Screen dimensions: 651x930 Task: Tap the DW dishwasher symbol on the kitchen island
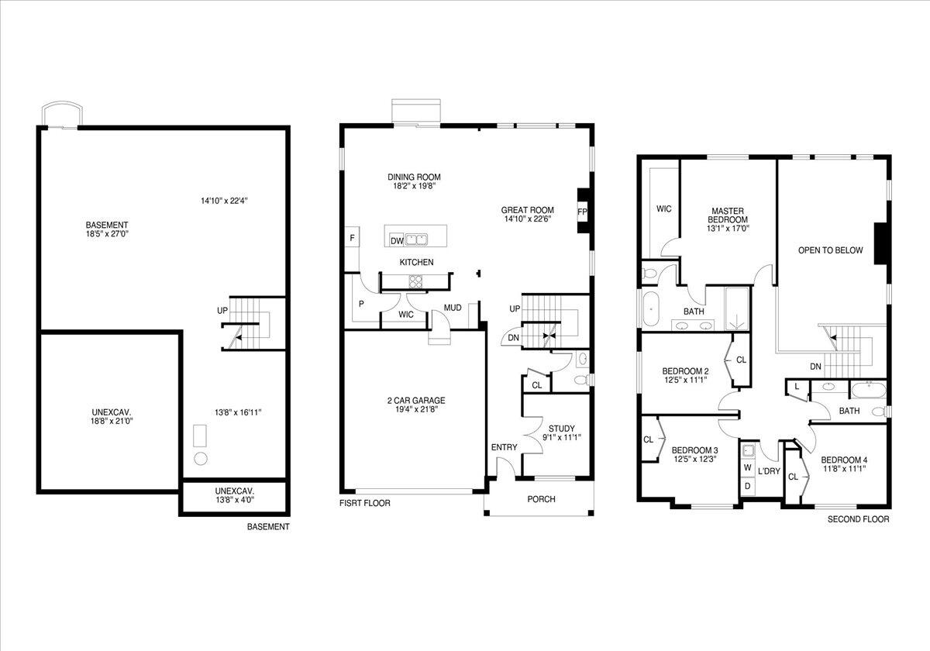pyautogui.click(x=396, y=240)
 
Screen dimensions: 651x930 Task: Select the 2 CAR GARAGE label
pyautogui.click(x=416, y=401)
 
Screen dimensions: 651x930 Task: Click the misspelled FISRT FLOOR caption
pyautogui.click(x=364, y=503)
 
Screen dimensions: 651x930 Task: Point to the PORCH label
pyautogui.click(x=541, y=499)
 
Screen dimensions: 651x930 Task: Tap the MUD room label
pyautogui.click(x=452, y=308)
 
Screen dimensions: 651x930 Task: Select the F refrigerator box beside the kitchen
pyautogui.click(x=352, y=238)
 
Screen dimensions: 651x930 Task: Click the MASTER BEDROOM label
pyautogui.click(x=728, y=215)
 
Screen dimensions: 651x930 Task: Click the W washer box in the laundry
pyautogui.click(x=747, y=468)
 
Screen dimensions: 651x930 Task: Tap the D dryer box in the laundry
pyautogui.click(x=747, y=486)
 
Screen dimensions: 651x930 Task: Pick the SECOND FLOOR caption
pyautogui.click(x=858, y=519)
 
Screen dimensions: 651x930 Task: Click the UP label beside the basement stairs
pyautogui.click(x=222, y=310)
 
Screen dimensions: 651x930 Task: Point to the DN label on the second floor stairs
pyautogui.click(x=815, y=367)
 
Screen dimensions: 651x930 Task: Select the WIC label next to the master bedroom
pyautogui.click(x=663, y=208)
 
